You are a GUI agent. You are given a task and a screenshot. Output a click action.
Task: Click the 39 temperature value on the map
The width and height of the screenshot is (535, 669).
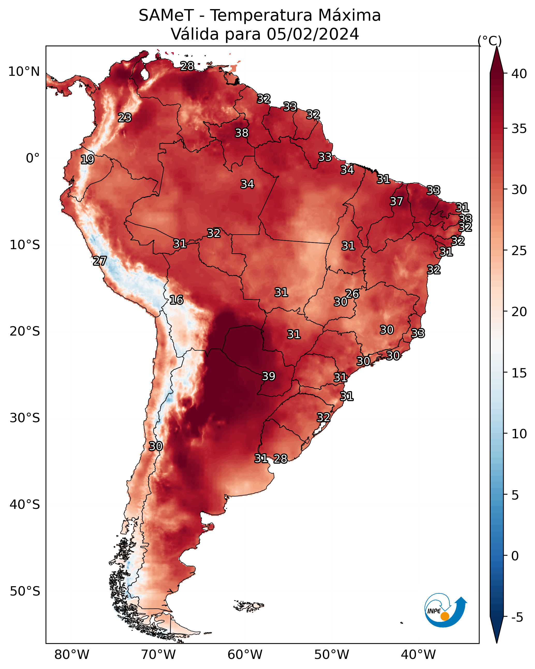pos(269,376)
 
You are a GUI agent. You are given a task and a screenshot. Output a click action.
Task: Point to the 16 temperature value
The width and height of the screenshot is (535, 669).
pos(176,300)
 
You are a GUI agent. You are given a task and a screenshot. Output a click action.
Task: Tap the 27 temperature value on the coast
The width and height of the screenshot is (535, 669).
pos(100,261)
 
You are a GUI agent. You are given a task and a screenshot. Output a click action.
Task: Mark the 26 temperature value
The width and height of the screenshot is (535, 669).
pos(352,294)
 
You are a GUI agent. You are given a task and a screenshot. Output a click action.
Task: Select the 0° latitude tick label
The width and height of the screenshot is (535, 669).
pos(33,158)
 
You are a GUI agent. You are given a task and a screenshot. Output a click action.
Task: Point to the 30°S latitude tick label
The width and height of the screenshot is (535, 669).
pos(25,418)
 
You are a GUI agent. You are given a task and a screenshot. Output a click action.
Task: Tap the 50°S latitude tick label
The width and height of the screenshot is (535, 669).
pos(25,591)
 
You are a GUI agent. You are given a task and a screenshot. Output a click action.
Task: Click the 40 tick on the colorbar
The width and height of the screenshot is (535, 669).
pos(519,74)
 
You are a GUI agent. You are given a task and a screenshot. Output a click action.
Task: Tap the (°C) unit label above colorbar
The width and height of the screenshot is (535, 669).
pos(490,41)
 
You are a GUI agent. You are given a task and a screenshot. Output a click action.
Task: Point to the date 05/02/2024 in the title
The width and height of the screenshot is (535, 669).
pos(313,34)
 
